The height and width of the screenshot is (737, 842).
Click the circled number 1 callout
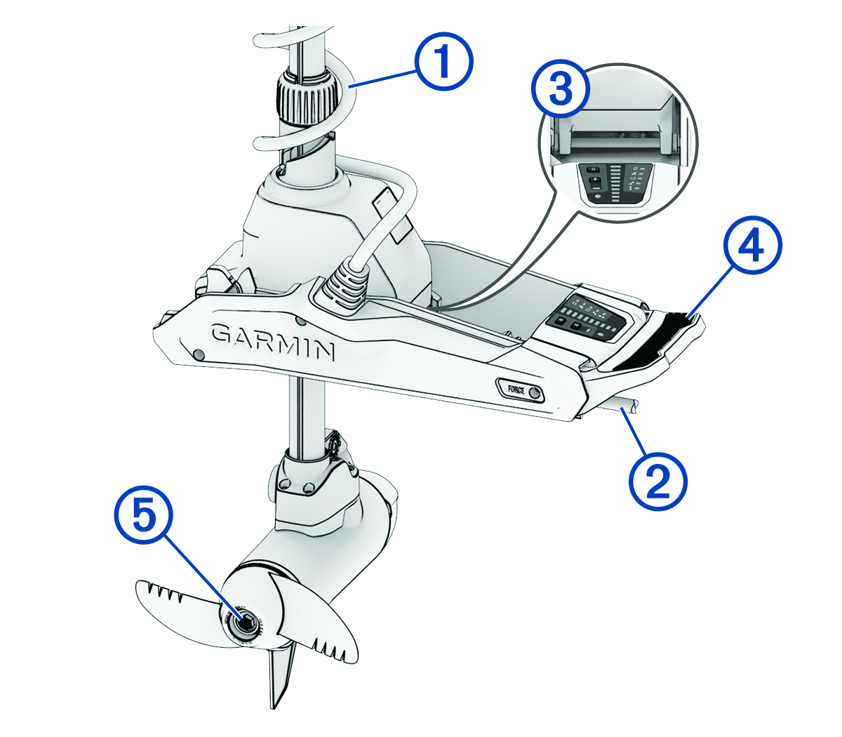point(443,61)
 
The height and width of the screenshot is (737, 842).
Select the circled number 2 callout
point(657,481)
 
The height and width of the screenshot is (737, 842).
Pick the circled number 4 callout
point(752,246)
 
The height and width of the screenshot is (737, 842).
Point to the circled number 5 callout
point(143,515)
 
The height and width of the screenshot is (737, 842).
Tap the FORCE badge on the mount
point(520,390)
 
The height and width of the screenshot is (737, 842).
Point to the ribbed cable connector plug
point(344,287)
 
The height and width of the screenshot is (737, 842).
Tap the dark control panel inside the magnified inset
point(615,184)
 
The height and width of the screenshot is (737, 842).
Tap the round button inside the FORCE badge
point(534,392)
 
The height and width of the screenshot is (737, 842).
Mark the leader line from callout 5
point(203,575)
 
